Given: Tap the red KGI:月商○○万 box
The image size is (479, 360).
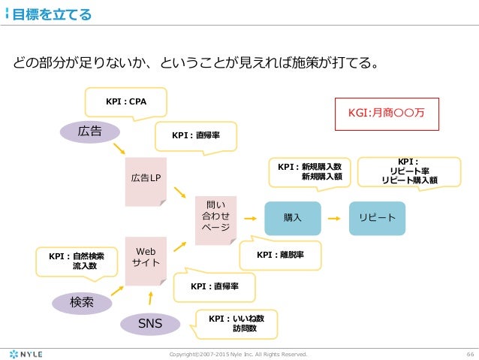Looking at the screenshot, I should tap(386, 113).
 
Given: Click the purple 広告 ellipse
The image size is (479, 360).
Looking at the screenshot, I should tap(90, 132).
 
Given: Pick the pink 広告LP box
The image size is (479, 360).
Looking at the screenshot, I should tap(146, 177).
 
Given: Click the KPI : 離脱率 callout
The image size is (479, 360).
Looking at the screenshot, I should tap(279, 255).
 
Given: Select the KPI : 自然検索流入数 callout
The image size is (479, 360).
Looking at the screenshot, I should tap(78, 261).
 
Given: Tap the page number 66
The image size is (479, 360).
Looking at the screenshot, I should tap(467, 352).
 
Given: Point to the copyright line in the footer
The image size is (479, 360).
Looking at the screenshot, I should tap(239, 352).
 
